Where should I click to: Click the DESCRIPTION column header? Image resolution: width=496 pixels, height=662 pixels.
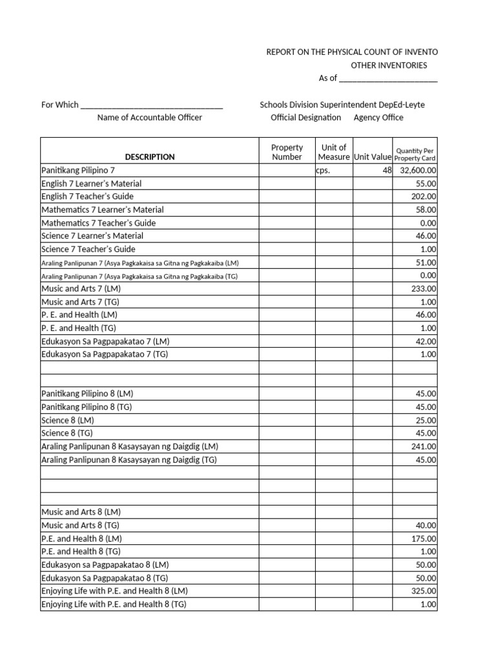pos(150,156)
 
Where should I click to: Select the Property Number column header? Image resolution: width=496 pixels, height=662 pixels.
pos(287,153)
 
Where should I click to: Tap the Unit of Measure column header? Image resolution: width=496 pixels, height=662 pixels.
pos(334,153)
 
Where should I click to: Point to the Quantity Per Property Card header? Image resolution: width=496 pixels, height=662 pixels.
pos(415,154)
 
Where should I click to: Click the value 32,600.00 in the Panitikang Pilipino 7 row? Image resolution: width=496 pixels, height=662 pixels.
pos(418,170)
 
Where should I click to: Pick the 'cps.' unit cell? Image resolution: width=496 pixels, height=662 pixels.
pos(323,171)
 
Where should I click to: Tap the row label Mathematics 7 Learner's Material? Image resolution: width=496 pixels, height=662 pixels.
pos(103,209)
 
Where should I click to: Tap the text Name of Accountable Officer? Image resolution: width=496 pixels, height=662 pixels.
pos(150,118)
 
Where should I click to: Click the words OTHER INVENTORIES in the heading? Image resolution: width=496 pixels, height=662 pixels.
pos(389,65)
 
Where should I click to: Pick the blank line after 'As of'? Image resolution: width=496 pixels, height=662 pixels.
pos(388,78)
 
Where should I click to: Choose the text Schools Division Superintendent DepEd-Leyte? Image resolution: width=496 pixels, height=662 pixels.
pos(342,105)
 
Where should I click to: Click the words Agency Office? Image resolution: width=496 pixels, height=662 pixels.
pos(378,118)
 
